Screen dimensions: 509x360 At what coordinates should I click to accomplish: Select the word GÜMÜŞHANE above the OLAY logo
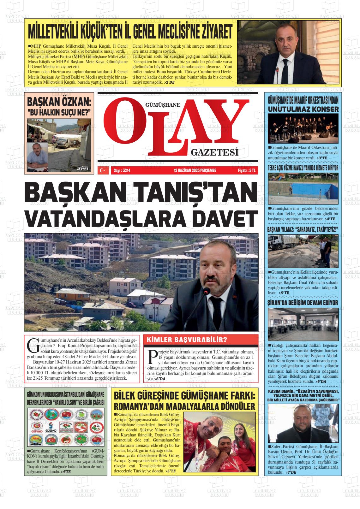click(162, 105)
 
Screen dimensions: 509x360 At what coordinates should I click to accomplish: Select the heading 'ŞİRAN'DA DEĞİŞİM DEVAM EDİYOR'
click(303, 303)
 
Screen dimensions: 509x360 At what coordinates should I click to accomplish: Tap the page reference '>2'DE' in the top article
click(169, 82)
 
